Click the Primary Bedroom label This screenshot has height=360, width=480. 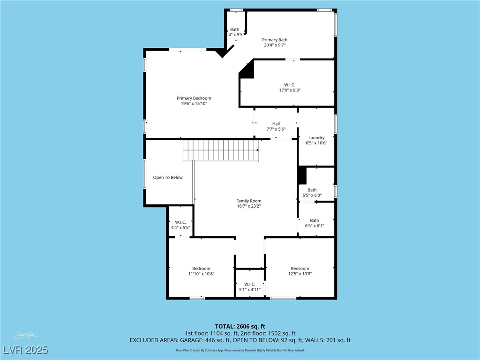(x=194, y=98)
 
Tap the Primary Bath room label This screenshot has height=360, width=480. (x=275, y=40)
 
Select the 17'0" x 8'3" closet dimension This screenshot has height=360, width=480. (x=289, y=90)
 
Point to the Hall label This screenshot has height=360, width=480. (x=276, y=124)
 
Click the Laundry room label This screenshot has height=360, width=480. (x=316, y=138)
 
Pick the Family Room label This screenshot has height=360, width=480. (x=248, y=201)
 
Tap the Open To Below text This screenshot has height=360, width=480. (x=168, y=178)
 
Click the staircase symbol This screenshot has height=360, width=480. (x=220, y=151)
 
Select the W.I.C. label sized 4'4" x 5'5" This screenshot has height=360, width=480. (x=180, y=222)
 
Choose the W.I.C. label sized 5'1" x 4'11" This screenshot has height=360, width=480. (x=249, y=284)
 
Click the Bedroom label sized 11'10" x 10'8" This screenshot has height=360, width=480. (x=201, y=269)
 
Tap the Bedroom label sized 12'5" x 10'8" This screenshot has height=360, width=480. (x=300, y=269)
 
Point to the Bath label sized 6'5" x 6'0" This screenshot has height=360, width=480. (x=312, y=190)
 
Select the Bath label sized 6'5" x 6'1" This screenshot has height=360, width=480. (x=315, y=220)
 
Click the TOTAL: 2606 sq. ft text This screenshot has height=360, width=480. (x=240, y=326)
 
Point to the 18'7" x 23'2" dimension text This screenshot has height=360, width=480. (x=248, y=206)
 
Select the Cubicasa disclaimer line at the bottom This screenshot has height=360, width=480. (x=240, y=350)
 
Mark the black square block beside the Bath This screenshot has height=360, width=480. (x=302, y=176)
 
